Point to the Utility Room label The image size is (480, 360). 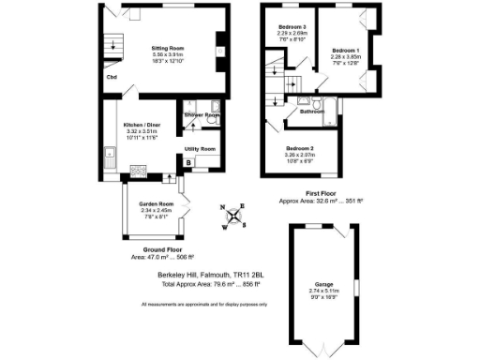click(201, 149)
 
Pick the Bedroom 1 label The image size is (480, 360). click(346, 49)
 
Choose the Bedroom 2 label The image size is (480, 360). click(300, 148)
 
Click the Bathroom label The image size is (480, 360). click(312, 112)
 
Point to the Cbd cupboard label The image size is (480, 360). click(112, 77)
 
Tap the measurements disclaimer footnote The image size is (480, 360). click(205, 305)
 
